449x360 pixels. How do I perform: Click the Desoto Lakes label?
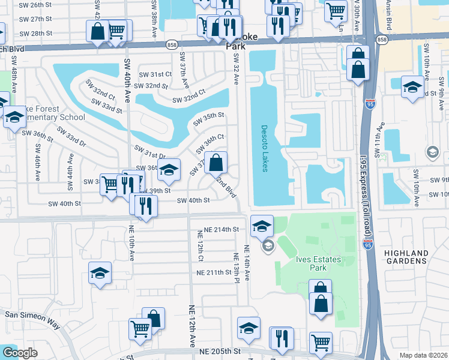tap(264, 148)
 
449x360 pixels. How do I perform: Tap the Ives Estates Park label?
tap(318, 264)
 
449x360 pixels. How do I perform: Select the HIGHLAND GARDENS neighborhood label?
tap(406, 257)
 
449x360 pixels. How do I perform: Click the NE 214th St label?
tap(221, 230)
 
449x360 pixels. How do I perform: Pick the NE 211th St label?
tap(214, 272)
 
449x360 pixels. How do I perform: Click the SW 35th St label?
tap(208, 119)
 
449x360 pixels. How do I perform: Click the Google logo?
tap(19, 353)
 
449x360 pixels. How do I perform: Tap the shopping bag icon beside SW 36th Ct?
tap(216, 162)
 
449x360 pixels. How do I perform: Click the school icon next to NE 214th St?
tap(262, 226)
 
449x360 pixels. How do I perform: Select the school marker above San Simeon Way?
tap(100, 273)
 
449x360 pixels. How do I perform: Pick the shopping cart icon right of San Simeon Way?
tap(140, 328)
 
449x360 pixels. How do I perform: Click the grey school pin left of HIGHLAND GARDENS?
tap(432, 153)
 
